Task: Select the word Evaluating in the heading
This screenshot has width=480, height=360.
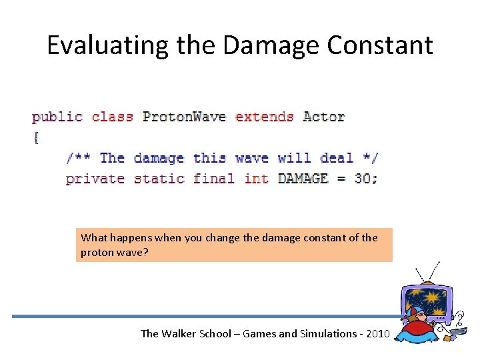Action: click(98, 45)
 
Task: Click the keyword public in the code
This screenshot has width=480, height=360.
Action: click(57, 117)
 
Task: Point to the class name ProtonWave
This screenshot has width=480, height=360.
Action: click(184, 117)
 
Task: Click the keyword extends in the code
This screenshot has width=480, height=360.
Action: click(265, 117)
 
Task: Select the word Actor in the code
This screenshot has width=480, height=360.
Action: click(323, 117)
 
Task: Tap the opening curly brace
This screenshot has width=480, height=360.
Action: click(35, 138)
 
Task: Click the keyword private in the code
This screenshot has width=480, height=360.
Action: click(95, 179)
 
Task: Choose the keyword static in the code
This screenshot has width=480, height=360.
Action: click(159, 179)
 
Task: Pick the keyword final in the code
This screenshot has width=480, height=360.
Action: click(214, 179)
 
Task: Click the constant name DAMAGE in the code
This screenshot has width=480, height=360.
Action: click(303, 179)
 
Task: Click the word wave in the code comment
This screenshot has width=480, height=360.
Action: click(252, 158)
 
